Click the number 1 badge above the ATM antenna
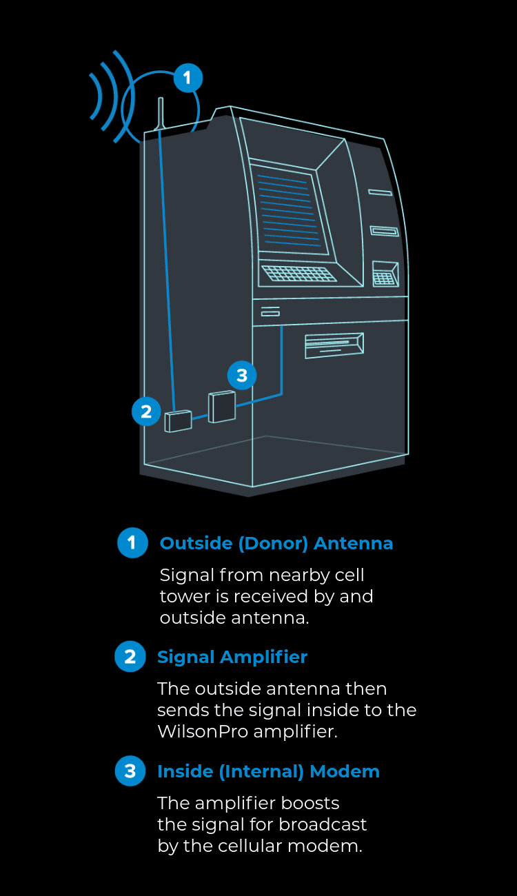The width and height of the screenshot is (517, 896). tap(187, 78)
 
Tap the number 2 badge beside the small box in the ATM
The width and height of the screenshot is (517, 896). tap(146, 411)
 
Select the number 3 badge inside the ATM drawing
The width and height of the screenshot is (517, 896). tap(241, 376)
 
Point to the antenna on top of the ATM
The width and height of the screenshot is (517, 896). tap(161, 114)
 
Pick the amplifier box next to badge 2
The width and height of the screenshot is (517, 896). tap(179, 420)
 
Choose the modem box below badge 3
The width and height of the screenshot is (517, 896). tap(222, 407)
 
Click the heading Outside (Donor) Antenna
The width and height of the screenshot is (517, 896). tap(276, 543)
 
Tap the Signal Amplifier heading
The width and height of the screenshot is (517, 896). tap(232, 657)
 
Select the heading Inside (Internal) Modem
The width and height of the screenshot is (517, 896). tap(268, 771)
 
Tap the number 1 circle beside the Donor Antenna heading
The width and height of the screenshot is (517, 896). tap(132, 543)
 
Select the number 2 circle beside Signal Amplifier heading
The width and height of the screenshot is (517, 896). tap(130, 657)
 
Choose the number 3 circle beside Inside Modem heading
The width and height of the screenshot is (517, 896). tap(130, 771)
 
